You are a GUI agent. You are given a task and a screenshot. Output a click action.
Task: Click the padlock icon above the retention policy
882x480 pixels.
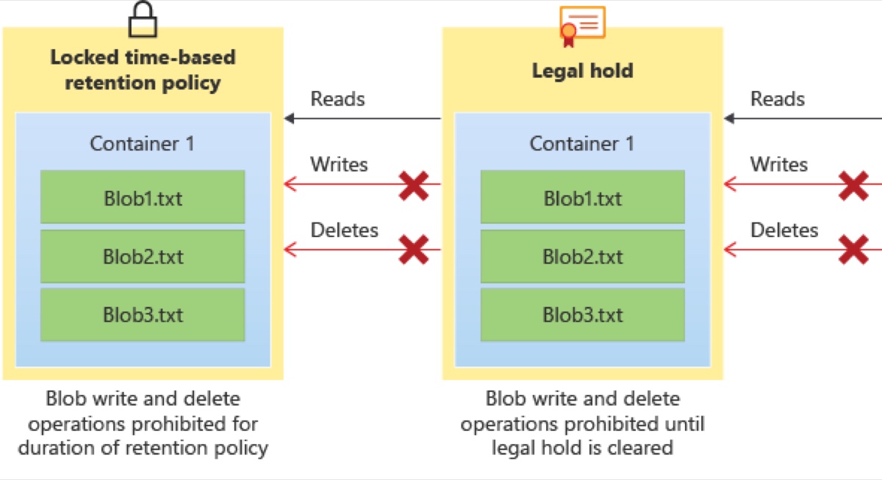pyautogui.click(x=143, y=19)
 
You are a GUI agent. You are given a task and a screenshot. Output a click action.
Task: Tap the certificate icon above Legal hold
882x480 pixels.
pyautogui.click(x=582, y=26)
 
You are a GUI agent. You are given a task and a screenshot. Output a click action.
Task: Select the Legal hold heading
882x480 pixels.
pyautogui.click(x=582, y=71)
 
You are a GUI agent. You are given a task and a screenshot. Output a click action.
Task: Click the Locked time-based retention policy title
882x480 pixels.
pyautogui.click(x=143, y=70)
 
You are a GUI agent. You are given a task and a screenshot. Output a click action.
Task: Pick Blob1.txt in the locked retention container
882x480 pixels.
pyautogui.click(x=143, y=197)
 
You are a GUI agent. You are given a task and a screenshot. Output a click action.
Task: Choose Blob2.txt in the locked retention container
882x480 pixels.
pyautogui.click(x=143, y=256)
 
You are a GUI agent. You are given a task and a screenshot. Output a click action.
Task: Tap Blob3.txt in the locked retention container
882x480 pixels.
pyautogui.click(x=143, y=315)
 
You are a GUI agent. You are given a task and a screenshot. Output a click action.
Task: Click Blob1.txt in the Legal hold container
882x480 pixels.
pyautogui.click(x=582, y=197)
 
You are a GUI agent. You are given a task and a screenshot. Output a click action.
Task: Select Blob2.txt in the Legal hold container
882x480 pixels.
pyautogui.click(x=582, y=256)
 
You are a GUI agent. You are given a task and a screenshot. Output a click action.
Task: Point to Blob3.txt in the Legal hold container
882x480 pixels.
pyautogui.click(x=582, y=315)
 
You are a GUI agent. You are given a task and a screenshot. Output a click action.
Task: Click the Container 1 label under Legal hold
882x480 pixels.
pyautogui.click(x=582, y=144)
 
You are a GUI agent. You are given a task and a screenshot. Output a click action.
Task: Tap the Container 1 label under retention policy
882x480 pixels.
pyautogui.click(x=142, y=144)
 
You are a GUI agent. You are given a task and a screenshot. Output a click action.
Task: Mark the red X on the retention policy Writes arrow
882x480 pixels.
pyautogui.click(x=413, y=186)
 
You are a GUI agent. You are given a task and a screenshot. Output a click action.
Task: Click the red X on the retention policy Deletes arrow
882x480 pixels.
pyautogui.click(x=413, y=250)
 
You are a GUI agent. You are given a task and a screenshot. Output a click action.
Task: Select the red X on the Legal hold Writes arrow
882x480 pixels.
pyautogui.click(x=853, y=186)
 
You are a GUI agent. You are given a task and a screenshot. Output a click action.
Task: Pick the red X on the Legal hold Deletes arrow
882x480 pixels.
pyautogui.click(x=853, y=250)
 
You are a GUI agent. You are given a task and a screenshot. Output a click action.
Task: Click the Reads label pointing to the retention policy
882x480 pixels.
pyautogui.click(x=337, y=98)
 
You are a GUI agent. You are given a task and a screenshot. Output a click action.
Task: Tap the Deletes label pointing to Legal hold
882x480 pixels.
pyautogui.click(x=784, y=230)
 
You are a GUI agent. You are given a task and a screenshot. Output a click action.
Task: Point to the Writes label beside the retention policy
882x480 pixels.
pyautogui.click(x=339, y=164)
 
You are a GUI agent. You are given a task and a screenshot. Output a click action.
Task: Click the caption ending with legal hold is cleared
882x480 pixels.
pyautogui.click(x=582, y=423)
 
